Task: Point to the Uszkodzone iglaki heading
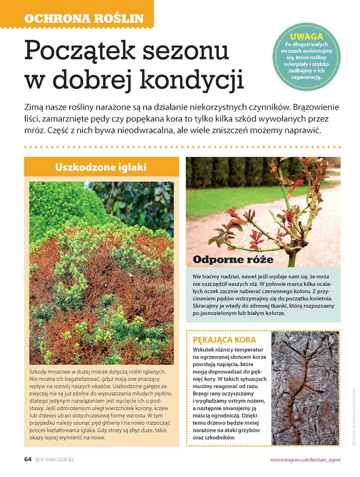tap(101, 167)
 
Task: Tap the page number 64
tap(27, 460)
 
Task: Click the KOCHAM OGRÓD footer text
tap(55, 460)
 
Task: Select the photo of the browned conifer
tap(101, 273)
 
